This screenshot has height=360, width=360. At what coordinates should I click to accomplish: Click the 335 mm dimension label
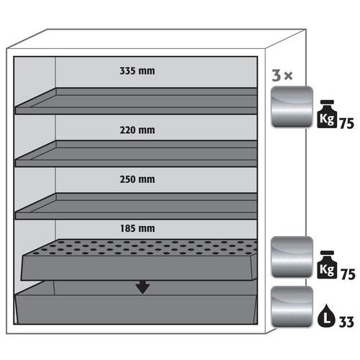click(x=137, y=71)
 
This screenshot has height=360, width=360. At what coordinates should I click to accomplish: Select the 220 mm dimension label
click(x=137, y=130)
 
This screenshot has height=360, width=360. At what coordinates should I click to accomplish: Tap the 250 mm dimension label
click(x=137, y=179)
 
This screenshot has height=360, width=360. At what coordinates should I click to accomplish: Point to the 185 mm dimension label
click(x=138, y=228)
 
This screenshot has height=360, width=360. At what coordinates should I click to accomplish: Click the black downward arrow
click(x=143, y=287)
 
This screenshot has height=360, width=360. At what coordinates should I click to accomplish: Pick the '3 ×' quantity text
click(x=282, y=76)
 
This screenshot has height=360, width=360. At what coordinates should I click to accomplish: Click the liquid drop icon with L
click(x=326, y=315)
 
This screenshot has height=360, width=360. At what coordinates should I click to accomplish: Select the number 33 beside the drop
click(x=346, y=322)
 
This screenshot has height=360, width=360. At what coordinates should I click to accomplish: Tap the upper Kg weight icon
click(x=327, y=114)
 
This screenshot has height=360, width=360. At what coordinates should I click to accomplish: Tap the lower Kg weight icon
click(x=327, y=265)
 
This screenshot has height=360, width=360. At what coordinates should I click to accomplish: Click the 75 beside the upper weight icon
click(x=346, y=124)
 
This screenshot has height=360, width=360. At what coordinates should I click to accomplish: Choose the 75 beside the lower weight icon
click(x=348, y=274)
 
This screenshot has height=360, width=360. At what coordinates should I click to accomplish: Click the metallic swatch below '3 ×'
click(x=292, y=107)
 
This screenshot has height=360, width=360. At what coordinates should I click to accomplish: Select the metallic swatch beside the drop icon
click(x=292, y=307)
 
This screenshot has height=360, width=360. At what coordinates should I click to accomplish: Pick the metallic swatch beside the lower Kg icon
click(x=292, y=257)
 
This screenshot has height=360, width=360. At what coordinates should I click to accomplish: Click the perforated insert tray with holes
click(x=139, y=260)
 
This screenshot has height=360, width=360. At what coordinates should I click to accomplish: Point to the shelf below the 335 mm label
click(x=136, y=101)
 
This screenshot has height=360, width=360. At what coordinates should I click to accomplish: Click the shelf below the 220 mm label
click(x=136, y=153)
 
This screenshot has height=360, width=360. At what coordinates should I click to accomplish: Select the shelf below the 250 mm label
click(x=136, y=206)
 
